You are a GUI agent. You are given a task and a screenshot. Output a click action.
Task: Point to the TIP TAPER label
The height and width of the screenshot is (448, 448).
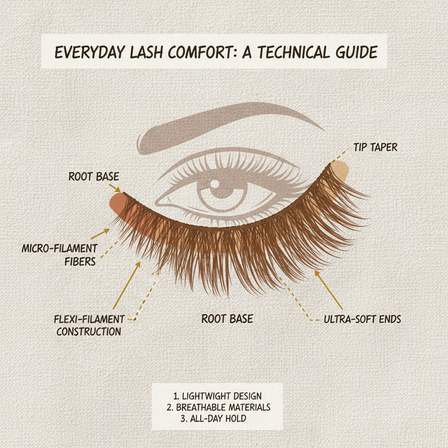[x=375, y=147]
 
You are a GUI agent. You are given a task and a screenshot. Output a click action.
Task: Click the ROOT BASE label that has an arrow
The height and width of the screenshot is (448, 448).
[x=94, y=177]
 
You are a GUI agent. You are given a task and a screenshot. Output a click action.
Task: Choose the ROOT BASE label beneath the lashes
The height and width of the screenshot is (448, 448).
[x=227, y=318]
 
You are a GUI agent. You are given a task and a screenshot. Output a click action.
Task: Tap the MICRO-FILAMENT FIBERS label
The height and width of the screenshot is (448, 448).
[x=59, y=255]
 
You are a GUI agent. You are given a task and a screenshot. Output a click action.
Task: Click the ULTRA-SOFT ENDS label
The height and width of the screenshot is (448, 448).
[x=362, y=319]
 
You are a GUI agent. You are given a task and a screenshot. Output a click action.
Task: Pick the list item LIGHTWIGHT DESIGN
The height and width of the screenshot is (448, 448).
[x=217, y=396]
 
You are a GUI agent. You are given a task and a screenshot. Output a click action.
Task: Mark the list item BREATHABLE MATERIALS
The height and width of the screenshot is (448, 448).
[x=217, y=407]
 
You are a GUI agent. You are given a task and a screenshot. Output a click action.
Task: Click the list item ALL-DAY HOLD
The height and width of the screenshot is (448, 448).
[x=217, y=419]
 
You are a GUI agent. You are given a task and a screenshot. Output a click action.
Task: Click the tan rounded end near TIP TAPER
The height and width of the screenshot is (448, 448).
[x=342, y=171]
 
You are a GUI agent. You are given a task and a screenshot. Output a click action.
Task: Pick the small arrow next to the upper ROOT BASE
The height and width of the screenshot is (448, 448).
[x=116, y=189]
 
